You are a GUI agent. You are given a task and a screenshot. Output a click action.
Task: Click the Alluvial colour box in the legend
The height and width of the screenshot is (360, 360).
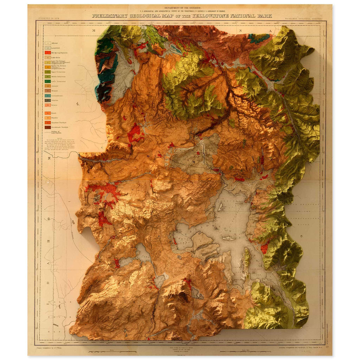pos(47,43)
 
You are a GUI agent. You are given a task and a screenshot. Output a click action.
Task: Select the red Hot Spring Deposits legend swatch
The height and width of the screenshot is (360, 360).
pos(47,53)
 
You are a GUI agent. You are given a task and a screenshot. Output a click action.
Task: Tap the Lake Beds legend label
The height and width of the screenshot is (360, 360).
pos(56,57)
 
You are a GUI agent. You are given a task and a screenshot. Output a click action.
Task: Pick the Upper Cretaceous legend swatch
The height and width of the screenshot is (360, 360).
pos(47,72)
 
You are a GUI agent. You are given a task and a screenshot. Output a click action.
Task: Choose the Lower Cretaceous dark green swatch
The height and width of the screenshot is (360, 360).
pos(47,81)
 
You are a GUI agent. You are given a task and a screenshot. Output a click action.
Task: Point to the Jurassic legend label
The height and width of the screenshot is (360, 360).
pos(55,86)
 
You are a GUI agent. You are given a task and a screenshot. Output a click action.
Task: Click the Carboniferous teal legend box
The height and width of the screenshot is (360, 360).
pos(47,95)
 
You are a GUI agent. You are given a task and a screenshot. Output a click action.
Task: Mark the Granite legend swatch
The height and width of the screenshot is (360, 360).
pos(47,105)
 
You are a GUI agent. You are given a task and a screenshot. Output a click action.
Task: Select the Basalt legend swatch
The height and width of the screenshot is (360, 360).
pos(47,113)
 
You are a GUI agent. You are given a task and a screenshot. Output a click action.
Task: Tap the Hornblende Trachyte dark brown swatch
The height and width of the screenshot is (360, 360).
pos(47,127)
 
